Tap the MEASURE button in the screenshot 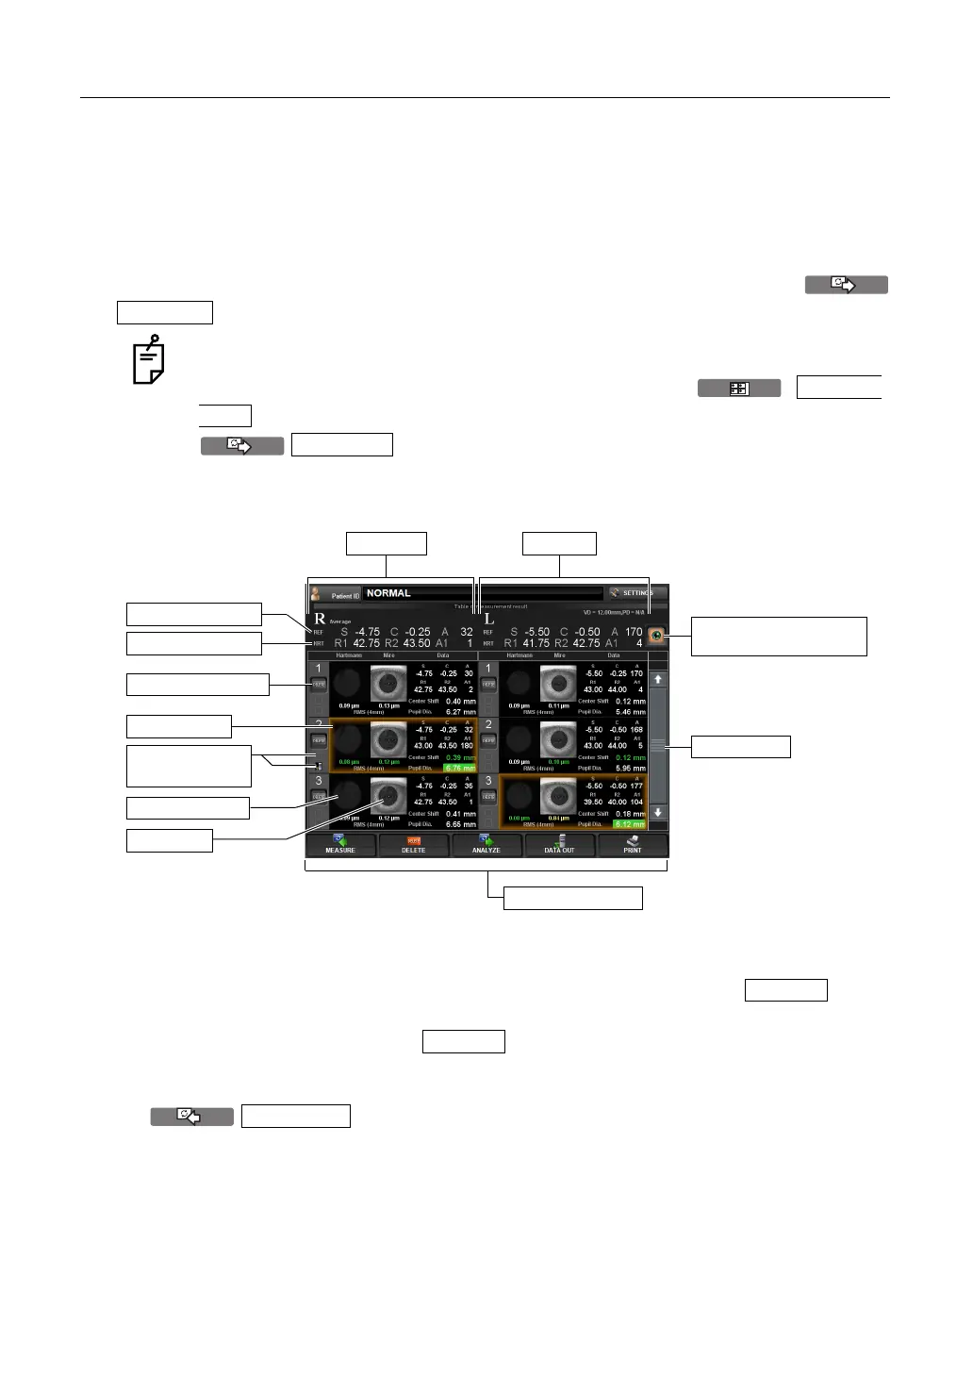pyautogui.click(x=340, y=844)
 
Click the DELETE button pyautogui.click(x=413, y=844)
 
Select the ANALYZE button pyautogui.click(x=486, y=844)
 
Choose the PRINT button pyautogui.click(x=633, y=844)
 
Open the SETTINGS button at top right pyautogui.click(x=635, y=593)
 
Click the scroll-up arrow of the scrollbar pyautogui.click(x=658, y=679)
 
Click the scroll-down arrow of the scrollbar pyautogui.click(x=658, y=812)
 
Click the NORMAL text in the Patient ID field pyautogui.click(x=388, y=593)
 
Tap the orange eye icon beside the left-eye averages pyautogui.click(x=656, y=637)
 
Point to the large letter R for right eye pyautogui.click(x=320, y=619)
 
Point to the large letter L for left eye pyautogui.click(x=488, y=619)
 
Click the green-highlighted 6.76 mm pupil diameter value pyautogui.click(x=460, y=768)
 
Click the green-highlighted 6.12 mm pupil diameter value pyautogui.click(x=630, y=824)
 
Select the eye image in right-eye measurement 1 pyautogui.click(x=388, y=684)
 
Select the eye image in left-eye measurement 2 pyautogui.click(x=558, y=740)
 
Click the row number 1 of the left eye pyautogui.click(x=488, y=669)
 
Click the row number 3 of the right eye pyautogui.click(x=319, y=781)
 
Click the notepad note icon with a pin pyautogui.click(x=149, y=360)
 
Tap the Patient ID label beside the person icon pyautogui.click(x=345, y=596)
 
